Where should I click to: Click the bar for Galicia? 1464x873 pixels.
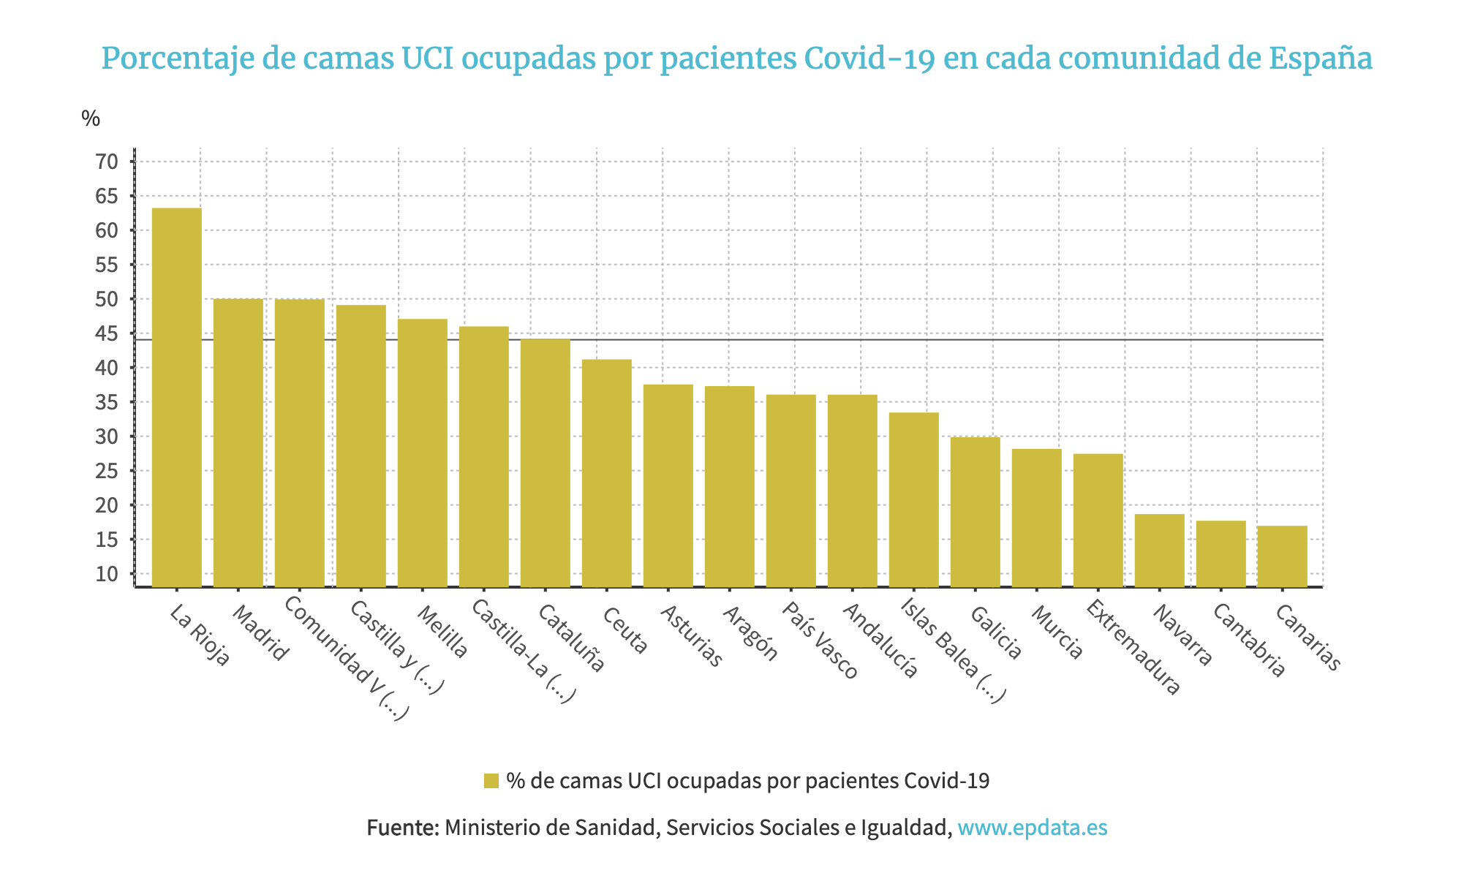[x=975, y=512]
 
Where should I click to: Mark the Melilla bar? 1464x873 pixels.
[x=422, y=453]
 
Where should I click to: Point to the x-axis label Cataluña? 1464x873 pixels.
[x=571, y=638]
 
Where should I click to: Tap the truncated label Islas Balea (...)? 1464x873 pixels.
[x=953, y=651]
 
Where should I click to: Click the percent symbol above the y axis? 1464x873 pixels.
[x=91, y=118]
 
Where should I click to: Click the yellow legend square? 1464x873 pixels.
[x=491, y=781]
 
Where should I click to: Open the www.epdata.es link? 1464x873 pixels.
[x=1032, y=828]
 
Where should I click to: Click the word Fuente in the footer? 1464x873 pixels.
[x=402, y=828]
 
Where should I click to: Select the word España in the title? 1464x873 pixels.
[x=1319, y=58]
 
